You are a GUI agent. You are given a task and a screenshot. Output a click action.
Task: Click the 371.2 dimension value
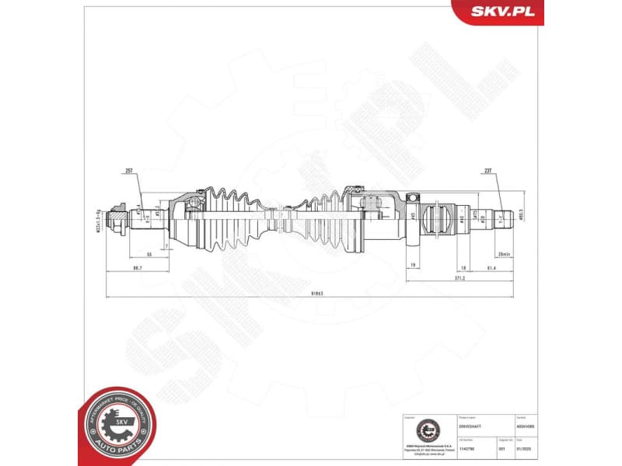click(460, 277)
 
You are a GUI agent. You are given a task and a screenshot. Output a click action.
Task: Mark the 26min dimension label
click(504, 254)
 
